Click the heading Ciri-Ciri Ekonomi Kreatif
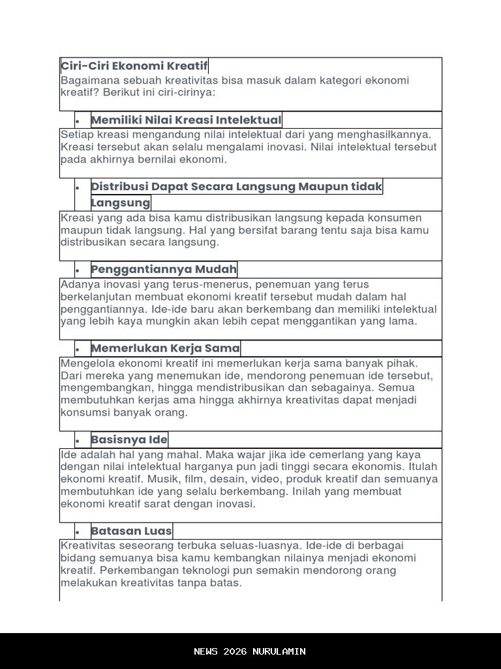[x=134, y=66]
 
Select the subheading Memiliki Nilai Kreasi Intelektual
[x=186, y=120]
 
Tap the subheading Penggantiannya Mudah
[x=164, y=269]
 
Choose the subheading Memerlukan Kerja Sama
[x=165, y=348]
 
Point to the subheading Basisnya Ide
[x=129, y=439]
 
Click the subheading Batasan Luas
[x=131, y=530]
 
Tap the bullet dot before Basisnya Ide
[x=78, y=441]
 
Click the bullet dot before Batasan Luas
[x=78, y=532]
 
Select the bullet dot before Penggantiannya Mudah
[x=78, y=271]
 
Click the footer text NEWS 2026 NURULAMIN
[x=250, y=651]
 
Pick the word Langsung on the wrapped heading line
[x=121, y=203]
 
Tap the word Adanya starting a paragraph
[x=78, y=285]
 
